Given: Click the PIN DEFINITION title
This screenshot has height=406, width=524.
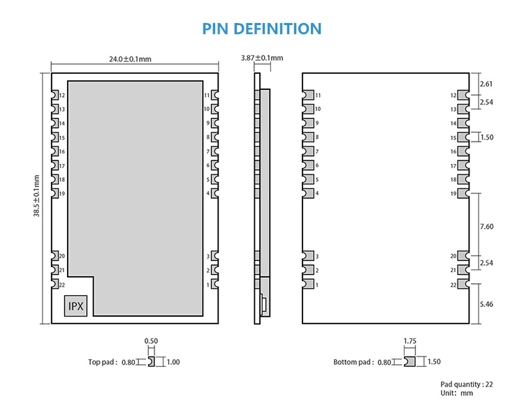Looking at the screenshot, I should pos(262,29).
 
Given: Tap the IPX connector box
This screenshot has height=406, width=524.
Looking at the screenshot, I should pos(74,305).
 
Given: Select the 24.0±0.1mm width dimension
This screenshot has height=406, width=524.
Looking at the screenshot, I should pos(130,59).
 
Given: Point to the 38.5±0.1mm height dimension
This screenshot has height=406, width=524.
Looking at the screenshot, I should pos(36,195).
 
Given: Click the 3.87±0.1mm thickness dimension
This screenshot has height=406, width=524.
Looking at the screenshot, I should pos(261,58).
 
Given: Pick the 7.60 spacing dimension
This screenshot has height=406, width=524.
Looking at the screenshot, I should pos(487,227).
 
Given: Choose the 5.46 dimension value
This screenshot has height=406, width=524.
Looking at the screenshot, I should pos(487,305).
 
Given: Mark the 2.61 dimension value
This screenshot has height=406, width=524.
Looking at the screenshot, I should pos(487,84).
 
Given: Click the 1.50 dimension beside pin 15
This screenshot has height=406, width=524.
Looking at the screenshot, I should pos(487,137).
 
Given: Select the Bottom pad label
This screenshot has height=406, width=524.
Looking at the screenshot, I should pos(354,362).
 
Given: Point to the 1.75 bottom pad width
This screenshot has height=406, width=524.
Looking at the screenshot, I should pos(410,341).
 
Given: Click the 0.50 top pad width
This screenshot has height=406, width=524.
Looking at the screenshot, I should pos(150,341).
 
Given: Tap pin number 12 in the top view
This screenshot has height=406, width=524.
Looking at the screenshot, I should pos(62,96).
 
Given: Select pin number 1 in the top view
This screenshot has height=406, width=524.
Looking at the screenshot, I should pos(208,285).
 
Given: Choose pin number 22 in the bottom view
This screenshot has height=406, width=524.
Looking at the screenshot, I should pos(453,285).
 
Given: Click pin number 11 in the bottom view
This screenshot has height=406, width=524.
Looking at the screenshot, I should pos(318,95).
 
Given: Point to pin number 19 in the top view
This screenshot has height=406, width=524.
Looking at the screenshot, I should pos(62,194).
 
